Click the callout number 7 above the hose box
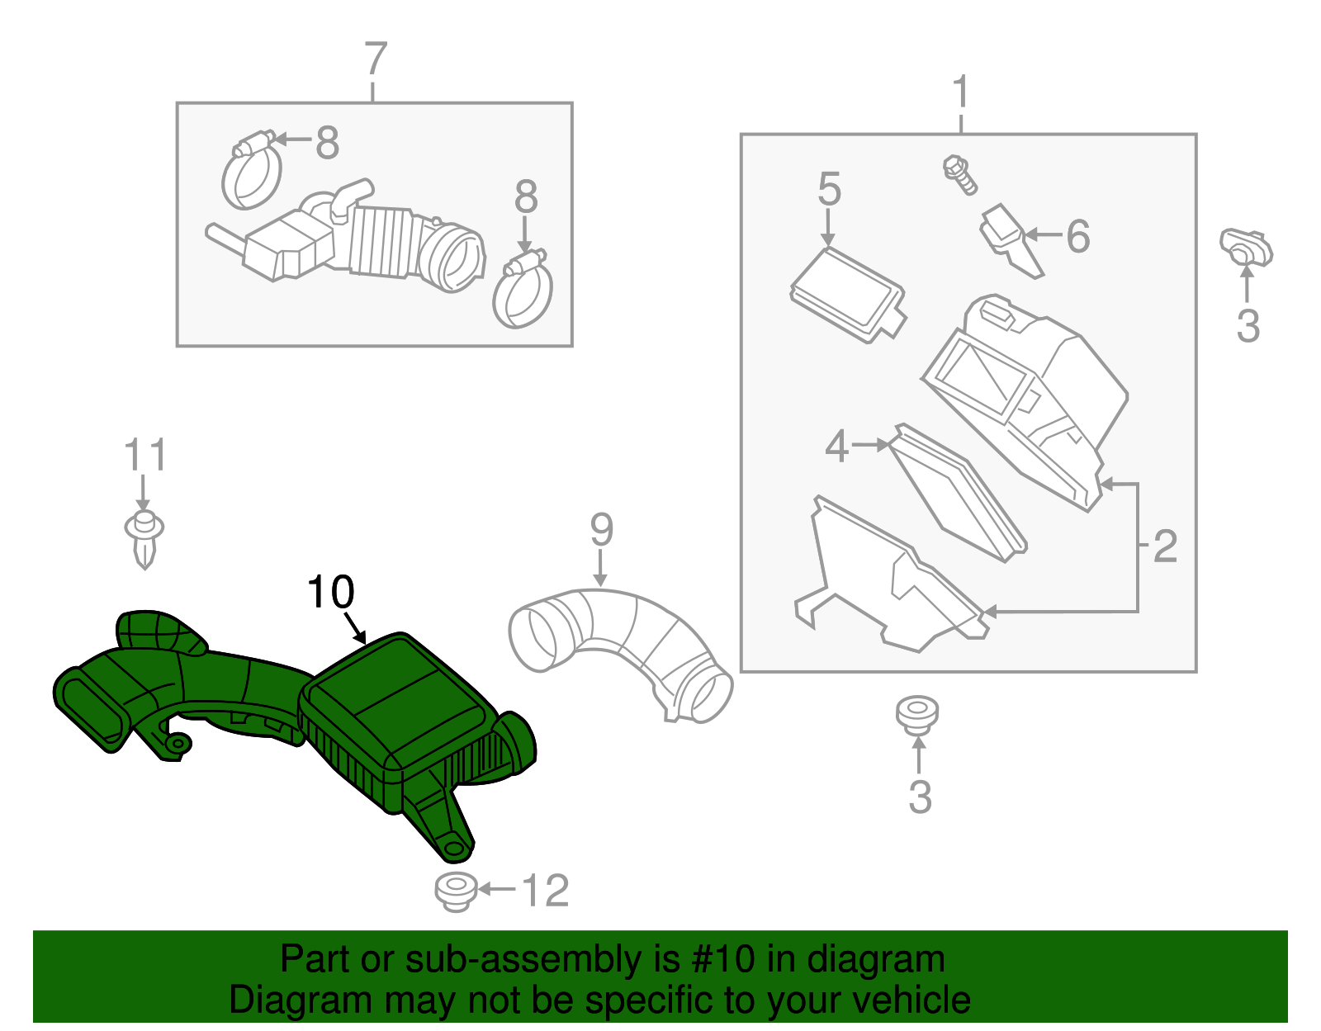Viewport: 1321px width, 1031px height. click(x=375, y=59)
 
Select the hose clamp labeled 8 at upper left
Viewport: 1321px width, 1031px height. click(x=251, y=173)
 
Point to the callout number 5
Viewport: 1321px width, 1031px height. click(x=829, y=190)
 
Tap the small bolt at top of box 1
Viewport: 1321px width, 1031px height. click(x=959, y=174)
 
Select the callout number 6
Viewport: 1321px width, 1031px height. click(x=1077, y=236)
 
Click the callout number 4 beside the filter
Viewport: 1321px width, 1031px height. click(x=836, y=447)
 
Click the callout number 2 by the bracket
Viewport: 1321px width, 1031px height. click(x=1165, y=546)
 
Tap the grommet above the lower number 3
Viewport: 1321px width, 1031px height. click(x=917, y=715)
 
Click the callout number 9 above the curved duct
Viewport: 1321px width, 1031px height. click(x=601, y=530)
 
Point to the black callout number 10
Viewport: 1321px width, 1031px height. click(x=330, y=592)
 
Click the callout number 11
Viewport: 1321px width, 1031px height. click(x=145, y=456)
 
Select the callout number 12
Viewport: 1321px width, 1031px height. click(x=546, y=891)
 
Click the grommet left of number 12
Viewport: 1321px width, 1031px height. click(x=456, y=891)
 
